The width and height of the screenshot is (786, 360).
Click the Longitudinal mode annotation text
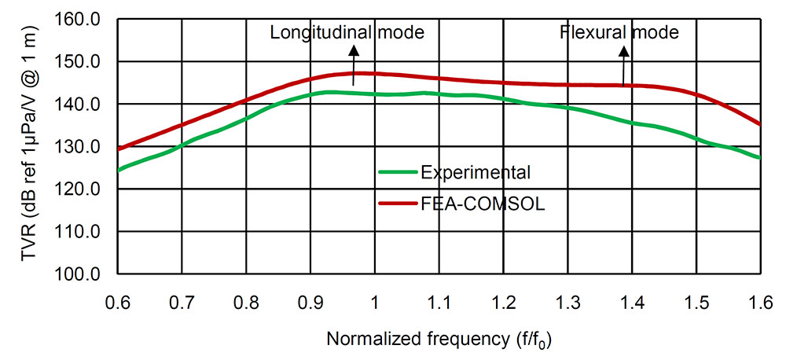347,32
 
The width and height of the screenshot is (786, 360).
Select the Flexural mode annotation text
619,32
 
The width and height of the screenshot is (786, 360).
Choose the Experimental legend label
475,172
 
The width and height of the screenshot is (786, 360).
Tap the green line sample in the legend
398,172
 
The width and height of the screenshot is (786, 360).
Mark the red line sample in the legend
398,204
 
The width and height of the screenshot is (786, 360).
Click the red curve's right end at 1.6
759,124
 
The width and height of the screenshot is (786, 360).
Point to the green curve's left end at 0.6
118,170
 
